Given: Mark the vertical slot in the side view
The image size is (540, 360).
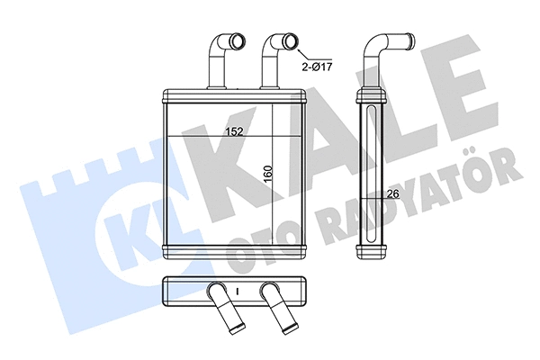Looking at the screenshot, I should point(369,171).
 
